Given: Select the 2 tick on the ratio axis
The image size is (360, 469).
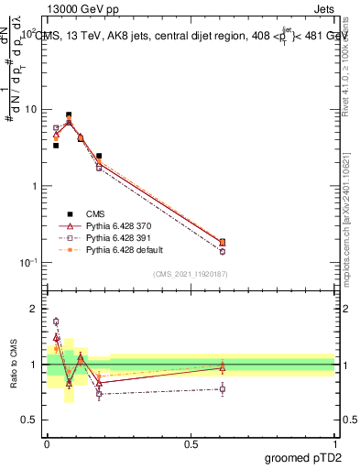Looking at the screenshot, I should pos(34,309).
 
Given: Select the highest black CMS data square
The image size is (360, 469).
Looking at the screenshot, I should pos(69,115).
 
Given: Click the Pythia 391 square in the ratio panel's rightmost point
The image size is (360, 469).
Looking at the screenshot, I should pos(223,389).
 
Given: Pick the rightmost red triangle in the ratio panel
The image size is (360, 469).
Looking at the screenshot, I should pos(223,368).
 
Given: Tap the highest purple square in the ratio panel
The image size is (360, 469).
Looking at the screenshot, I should pos(56,322).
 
